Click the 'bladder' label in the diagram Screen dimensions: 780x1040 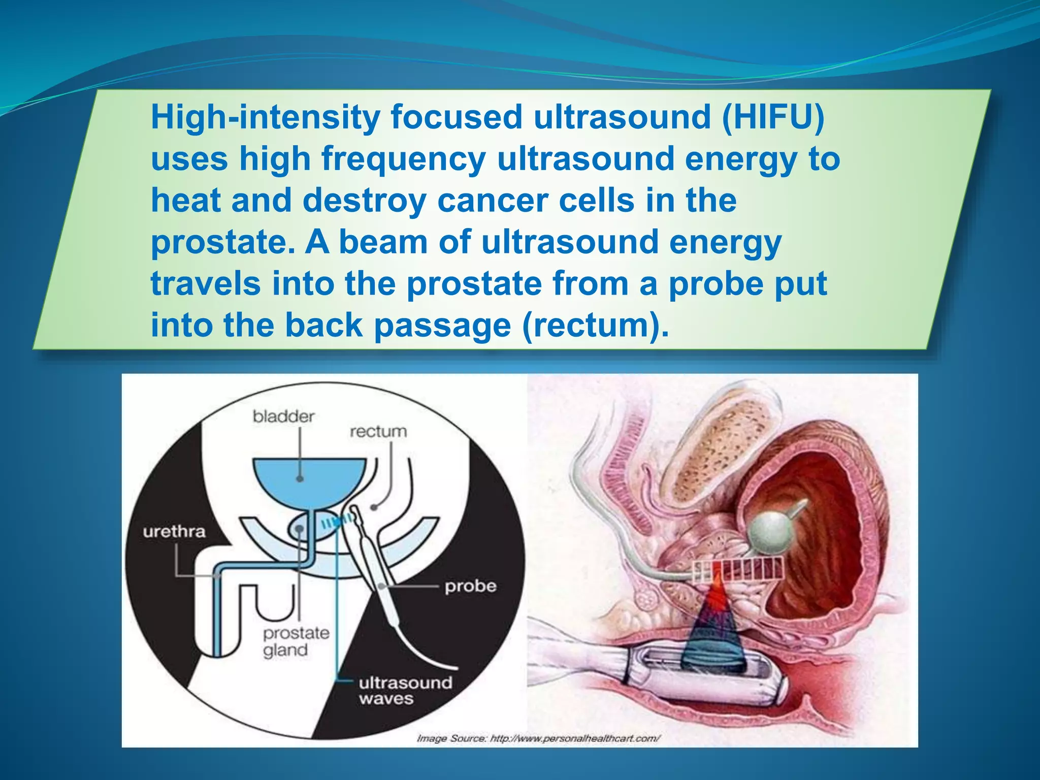[283, 417]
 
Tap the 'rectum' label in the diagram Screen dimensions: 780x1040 [378, 432]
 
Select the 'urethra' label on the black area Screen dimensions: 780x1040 [174, 532]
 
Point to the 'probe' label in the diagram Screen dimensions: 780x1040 [470, 586]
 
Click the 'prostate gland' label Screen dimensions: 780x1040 [296, 641]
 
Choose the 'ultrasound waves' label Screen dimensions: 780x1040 [405, 691]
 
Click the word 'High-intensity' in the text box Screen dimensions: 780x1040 [265, 117]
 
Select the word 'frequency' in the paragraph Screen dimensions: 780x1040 [404, 159]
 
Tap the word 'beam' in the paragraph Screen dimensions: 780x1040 [383, 242]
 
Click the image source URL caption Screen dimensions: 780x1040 [538, 738]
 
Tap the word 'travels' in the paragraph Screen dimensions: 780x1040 [206, 284]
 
